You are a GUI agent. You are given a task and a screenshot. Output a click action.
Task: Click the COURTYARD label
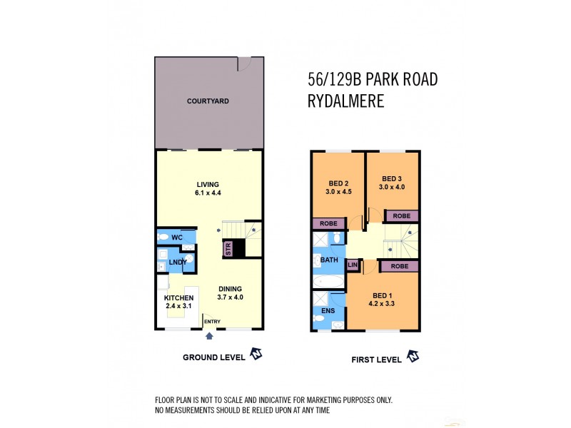[x=208, y=101]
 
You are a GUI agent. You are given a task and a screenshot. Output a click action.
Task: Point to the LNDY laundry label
[x=177, y=263]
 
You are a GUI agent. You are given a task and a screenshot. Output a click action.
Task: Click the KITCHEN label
[x=178, y=298]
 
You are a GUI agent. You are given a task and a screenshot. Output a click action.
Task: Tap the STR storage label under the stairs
[x=228, y=248]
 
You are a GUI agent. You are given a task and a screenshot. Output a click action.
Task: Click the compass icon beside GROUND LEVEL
[x=256, y=355]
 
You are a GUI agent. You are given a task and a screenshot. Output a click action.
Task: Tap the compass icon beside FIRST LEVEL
[x=413, y=356]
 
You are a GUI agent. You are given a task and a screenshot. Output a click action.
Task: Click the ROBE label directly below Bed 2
[x=329, y=223]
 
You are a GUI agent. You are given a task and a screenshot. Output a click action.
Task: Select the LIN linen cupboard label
[x=352, y=265]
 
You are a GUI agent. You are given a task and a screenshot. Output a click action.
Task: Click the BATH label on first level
[x=329, y=260]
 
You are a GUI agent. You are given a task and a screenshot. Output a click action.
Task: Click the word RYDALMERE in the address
[x=345, y=101]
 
